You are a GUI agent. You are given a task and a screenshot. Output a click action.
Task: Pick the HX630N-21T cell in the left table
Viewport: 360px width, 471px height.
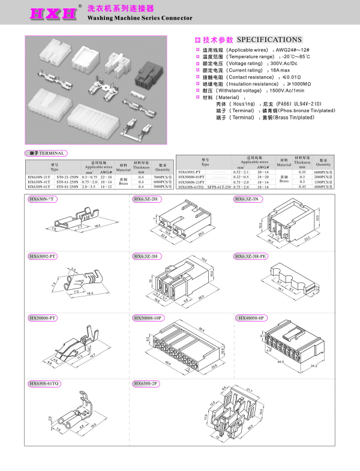click(39, 178)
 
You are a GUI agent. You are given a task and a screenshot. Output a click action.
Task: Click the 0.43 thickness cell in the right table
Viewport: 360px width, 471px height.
click(302, 187)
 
